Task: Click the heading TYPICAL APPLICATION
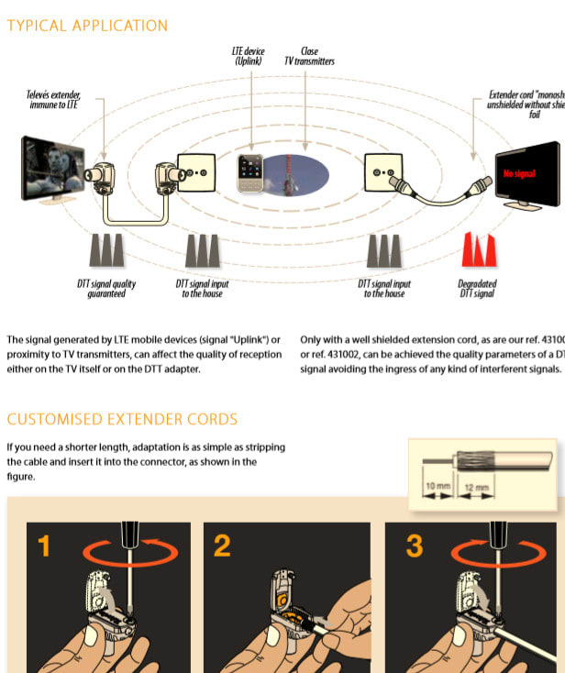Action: pyautogui.click(x=87, y=26)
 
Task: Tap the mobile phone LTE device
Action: pyautogui.click(x=250, y=172)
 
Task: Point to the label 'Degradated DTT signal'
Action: pyautogui.click(x=477, y=289)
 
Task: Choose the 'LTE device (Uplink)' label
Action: pyautogui.click(x=249, y=56)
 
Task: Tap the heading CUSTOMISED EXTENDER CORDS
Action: pyautogui.click(x=122, y=419)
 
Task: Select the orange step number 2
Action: pyautogui.click(x=222, y=547)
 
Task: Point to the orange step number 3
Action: pyautogui.click(x=415, y=547)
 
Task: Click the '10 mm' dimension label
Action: pyautogui.click(x=437, y=485)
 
